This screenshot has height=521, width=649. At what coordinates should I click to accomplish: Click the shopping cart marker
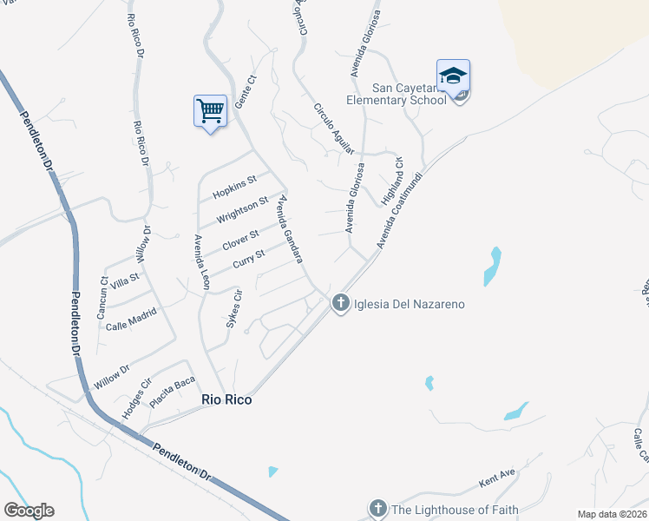pyautogui.click(x=210, y=112)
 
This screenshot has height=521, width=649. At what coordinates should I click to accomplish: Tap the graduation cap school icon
pyautogui.click(x=453, y=77)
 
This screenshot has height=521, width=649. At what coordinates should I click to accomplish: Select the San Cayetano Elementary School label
pyautogui.click(x=409, y=94)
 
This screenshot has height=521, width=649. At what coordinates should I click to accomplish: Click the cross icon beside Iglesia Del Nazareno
pyautogui.click(x=341, y=303)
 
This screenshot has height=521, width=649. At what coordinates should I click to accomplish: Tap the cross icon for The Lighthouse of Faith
pyautogui.click(x=377, y=508)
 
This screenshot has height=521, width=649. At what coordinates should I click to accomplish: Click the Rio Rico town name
pyautogui.click(x=226, y=399)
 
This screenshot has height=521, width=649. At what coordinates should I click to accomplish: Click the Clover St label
pyautogui.click(x=241, y=239)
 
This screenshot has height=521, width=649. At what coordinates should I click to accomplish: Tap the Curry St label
pyautogui.click(x=248, y=259)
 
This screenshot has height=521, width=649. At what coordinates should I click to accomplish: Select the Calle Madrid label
pyautogui.click(x=131, y=320)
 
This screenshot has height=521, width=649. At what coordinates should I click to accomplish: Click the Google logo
pyautogui.click(x=29, y=510)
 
